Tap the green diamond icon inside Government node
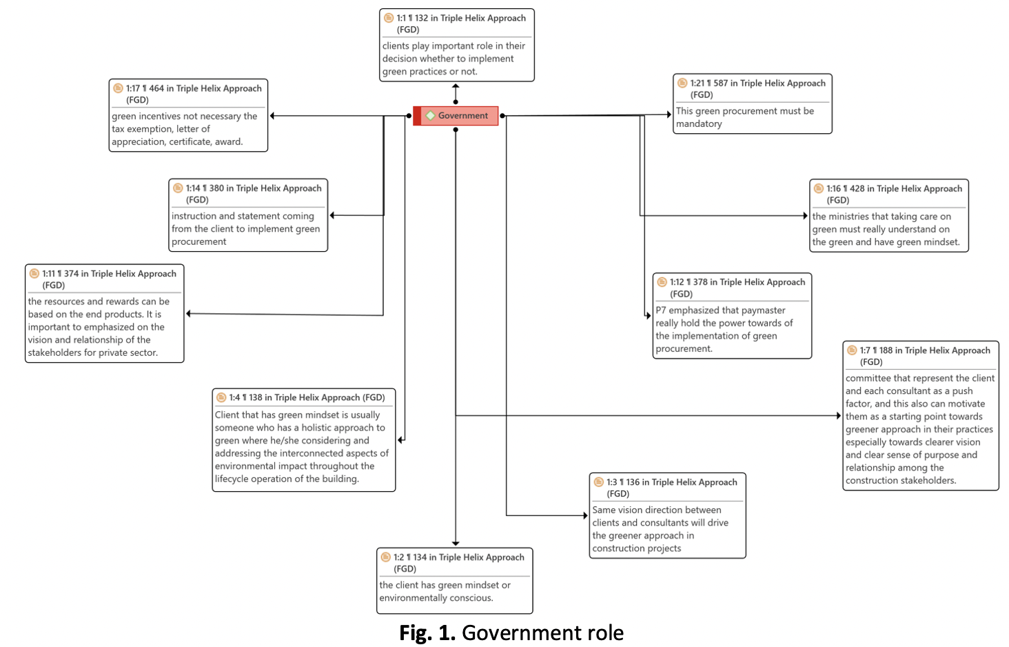[x=431, y=116]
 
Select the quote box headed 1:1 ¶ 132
[x=456, y=46]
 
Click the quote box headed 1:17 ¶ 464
[x=188, y=115]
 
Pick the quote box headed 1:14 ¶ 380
[x=248, y=215]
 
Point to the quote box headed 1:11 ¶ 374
[x=104, y=313]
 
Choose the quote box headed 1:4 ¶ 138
[x=303, y=440]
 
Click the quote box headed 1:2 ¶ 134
[x=454, y=580]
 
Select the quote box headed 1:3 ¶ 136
[x=667, y=515]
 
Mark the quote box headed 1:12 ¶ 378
[x=732, y=316]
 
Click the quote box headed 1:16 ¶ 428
[x=888, y=216]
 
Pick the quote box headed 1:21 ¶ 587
[x=752, y=103]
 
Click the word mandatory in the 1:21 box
[x=699, y=124]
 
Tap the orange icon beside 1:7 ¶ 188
[x=852, y=350]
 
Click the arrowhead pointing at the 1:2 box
[x=456, y=544]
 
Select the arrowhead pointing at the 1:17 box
[x=273, y=116]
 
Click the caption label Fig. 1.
[x=427, y=633]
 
